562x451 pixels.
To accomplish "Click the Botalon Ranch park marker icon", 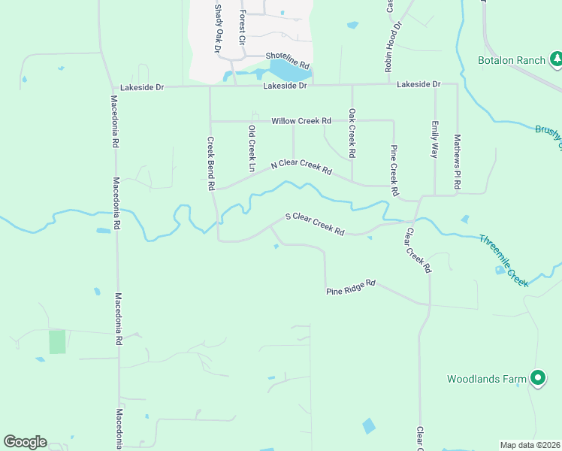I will [x=556, y=58].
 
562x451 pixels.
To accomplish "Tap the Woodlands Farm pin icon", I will [x=537, y=379].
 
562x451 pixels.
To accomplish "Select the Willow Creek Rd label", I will [x=301, y=120].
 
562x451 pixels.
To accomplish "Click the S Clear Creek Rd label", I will [x=314, y=225].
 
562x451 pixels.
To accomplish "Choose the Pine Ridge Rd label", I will [x=350, y=287].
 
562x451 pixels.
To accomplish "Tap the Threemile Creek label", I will [x=504, y=260].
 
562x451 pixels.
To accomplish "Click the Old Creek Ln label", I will [x=252, y=146].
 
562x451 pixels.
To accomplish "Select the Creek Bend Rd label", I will [x=211, y=163].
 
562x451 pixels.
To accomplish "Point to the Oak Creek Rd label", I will [x=352, y=133].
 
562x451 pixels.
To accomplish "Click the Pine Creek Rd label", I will [x=394, y=171].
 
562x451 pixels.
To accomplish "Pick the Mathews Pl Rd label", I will [x=456, y=162].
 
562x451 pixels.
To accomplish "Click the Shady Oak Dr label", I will [x=219, y=28].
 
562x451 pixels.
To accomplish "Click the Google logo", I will [x=25, y=442].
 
